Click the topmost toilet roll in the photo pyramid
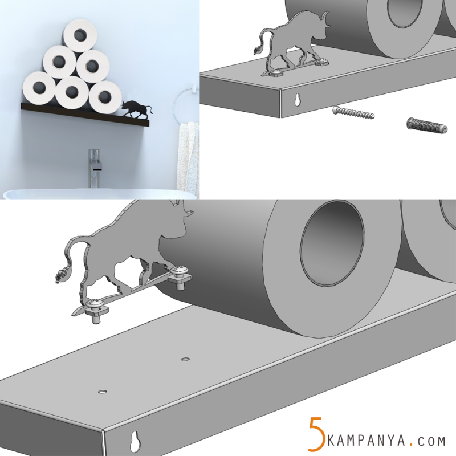[x=80, y=35]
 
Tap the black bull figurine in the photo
[x=137, y=109]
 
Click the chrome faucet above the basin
[x=94, y=169]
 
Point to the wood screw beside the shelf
[x=353, y=112]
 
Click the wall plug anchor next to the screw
[x=426, y=126]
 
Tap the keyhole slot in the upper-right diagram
[x=298, y=99]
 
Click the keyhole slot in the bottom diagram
[x=135, y=441]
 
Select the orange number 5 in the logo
[x=316, y=434]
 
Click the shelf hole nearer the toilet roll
[x=184, y=360]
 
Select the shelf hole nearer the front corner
[x=102, y=392]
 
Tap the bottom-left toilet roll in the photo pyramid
[x=39, y=88]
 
